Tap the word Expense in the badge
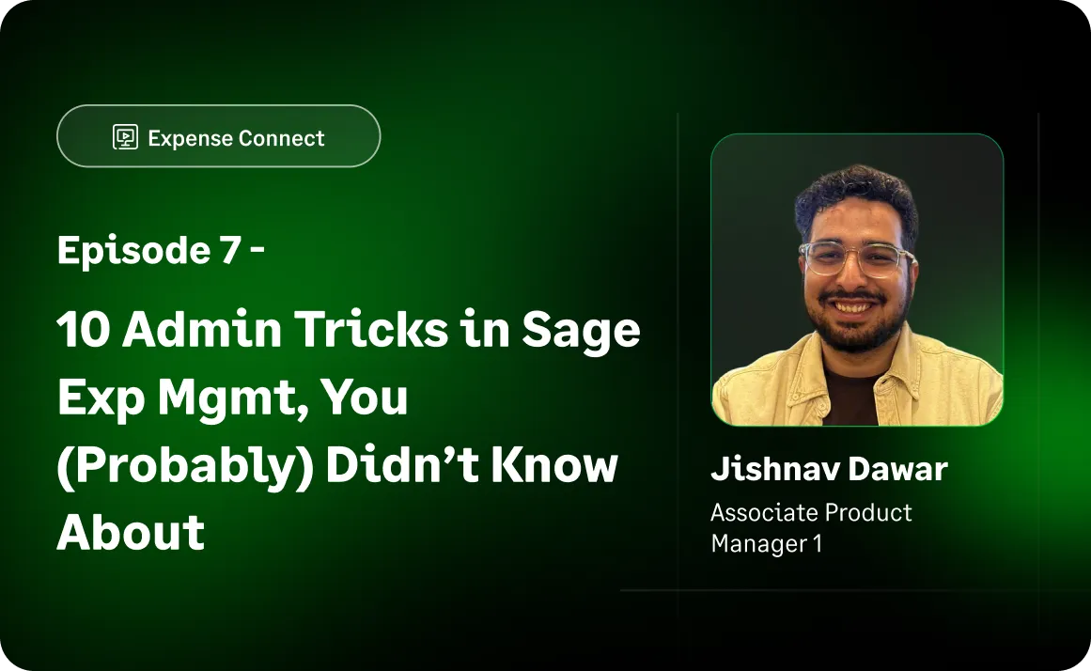[189, 138]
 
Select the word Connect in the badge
[281, 138]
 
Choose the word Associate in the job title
[760, 513]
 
